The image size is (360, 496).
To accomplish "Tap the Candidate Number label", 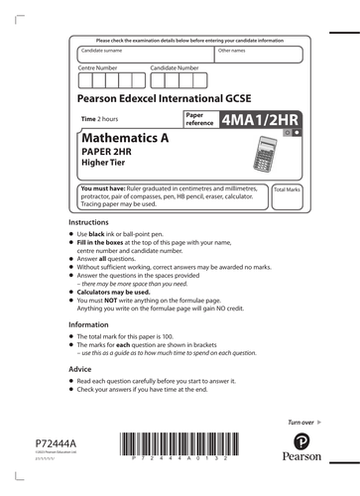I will coord(178,68).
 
